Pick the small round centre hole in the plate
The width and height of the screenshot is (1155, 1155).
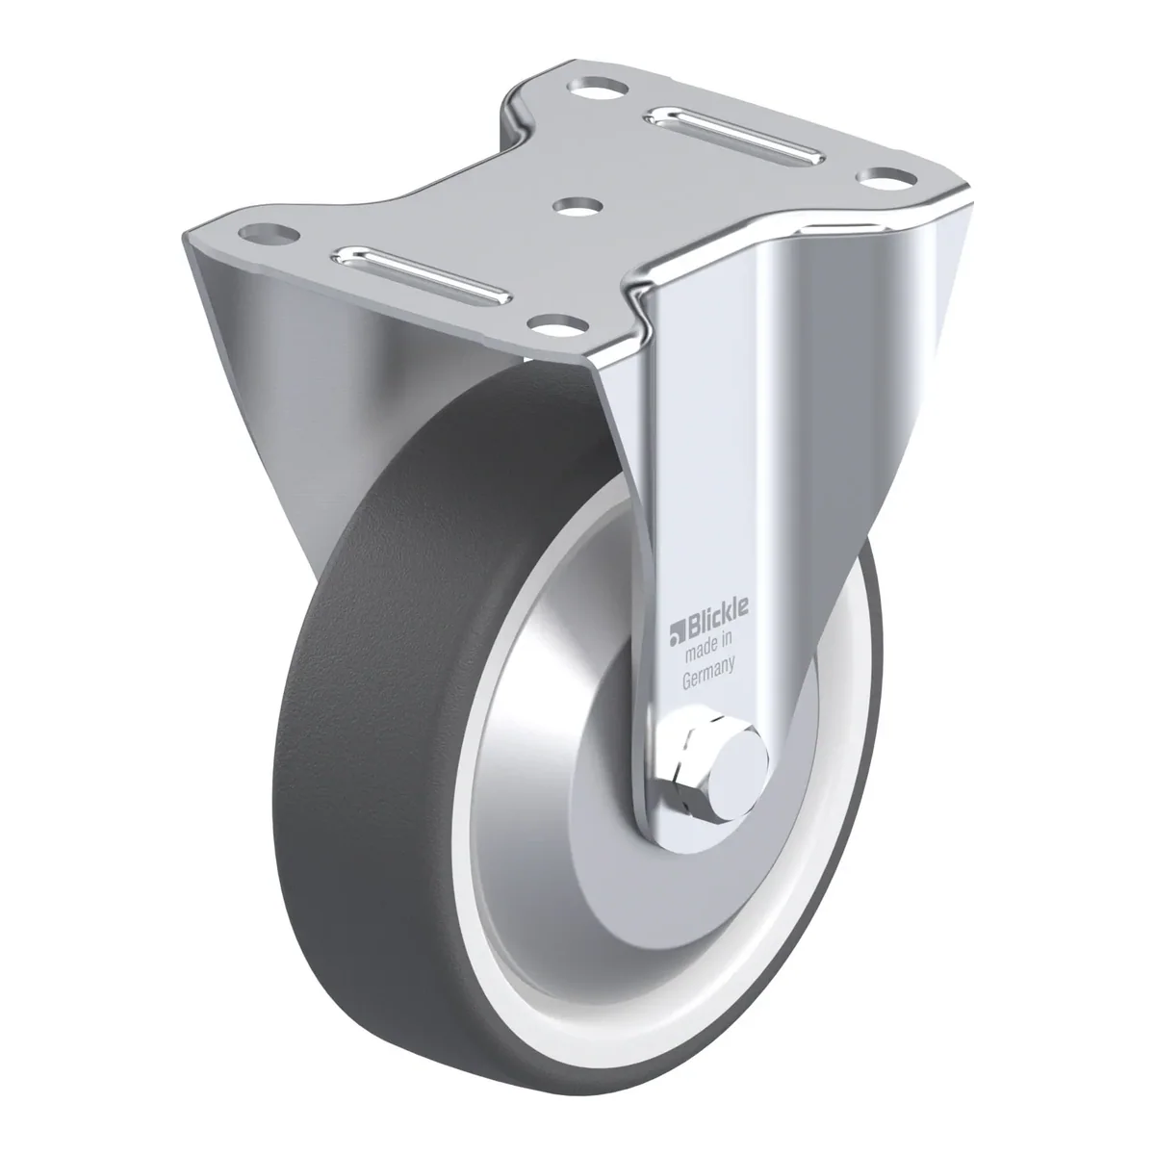click(x=577, y=207)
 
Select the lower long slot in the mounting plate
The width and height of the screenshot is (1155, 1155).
click(x=423, y=275)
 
